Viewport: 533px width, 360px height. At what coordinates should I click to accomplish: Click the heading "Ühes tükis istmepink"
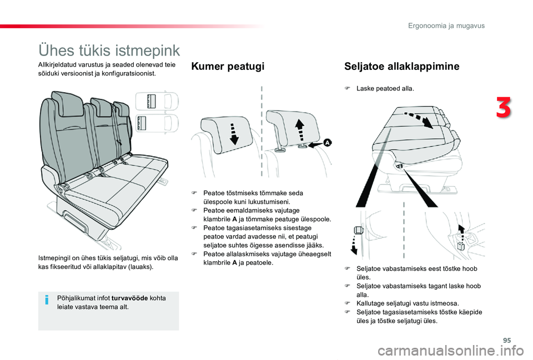[109, 50]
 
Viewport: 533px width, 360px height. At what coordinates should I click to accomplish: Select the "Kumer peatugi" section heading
[227, 67]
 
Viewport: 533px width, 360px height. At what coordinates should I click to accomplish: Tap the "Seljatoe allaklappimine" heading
[402, 67]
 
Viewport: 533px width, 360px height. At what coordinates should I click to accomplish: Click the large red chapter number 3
[504, 108]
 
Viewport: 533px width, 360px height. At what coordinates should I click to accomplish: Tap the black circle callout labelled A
[327, 143]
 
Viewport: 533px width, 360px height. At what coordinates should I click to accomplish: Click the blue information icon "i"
[48, 300]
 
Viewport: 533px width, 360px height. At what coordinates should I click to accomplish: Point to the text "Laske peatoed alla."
[385, 89]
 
